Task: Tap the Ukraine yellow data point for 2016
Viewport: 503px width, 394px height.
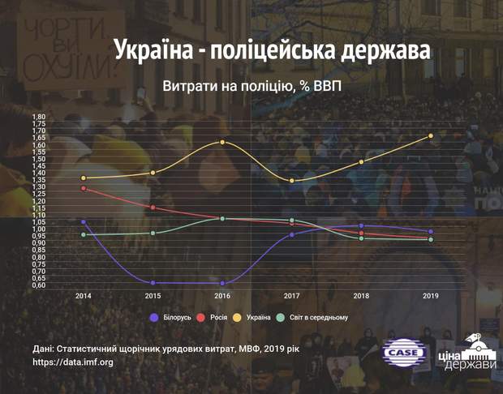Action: point(222,142)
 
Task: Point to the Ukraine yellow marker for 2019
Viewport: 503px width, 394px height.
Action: point(431,135)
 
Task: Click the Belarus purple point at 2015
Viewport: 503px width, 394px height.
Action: point(153,282)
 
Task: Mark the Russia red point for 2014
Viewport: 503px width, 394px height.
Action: point(83,188)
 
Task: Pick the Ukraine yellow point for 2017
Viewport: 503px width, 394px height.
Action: point(292,180)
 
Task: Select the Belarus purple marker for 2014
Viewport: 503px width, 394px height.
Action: point(83,221)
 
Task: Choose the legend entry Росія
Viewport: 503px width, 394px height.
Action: point(215,317)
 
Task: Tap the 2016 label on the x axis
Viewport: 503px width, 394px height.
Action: point(222,296)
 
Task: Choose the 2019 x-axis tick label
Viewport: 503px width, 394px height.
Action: point(431,296)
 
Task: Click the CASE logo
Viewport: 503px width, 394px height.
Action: point(405,353)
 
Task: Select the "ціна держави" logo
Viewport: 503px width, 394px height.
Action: point(466,354)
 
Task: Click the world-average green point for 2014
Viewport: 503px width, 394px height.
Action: point(83,235)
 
